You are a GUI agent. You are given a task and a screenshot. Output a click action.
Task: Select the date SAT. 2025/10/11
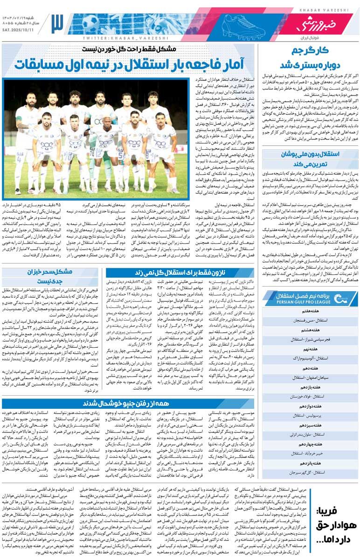coord(21,29)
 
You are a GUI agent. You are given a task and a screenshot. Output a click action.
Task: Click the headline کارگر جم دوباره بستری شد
coord(310,57)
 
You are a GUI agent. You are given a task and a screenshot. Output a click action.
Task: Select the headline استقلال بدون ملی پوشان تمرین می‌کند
coord(310,159)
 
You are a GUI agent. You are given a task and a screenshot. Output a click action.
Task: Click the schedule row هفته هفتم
coord(310,311)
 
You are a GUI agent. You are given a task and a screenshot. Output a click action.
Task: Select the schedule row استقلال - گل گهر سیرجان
coord(310,472)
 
